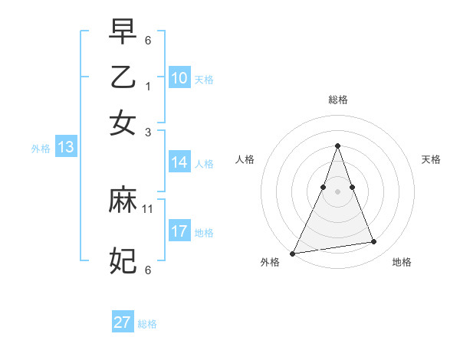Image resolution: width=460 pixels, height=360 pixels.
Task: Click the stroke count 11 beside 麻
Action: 148,208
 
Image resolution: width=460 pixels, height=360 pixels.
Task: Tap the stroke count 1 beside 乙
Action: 148,87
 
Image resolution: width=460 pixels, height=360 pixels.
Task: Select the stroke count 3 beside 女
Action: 148,132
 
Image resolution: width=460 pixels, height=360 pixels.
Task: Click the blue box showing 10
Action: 179,78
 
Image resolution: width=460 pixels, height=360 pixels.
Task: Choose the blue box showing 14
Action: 179,162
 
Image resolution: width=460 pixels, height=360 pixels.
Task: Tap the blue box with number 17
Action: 179,231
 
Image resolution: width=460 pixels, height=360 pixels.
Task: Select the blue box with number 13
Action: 65,147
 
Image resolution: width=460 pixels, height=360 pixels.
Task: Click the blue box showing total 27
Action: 123,322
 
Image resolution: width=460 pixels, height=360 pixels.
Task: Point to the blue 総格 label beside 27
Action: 147,324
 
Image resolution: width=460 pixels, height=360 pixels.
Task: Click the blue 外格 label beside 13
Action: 40,149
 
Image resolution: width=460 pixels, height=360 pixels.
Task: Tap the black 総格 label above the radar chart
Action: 337,100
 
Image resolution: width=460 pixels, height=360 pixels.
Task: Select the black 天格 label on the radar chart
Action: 431,159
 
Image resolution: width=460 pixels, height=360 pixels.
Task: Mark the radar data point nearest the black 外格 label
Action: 293,254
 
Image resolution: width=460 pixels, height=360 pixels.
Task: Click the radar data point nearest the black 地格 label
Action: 374,242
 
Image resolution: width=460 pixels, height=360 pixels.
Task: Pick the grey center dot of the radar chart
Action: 337,191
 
